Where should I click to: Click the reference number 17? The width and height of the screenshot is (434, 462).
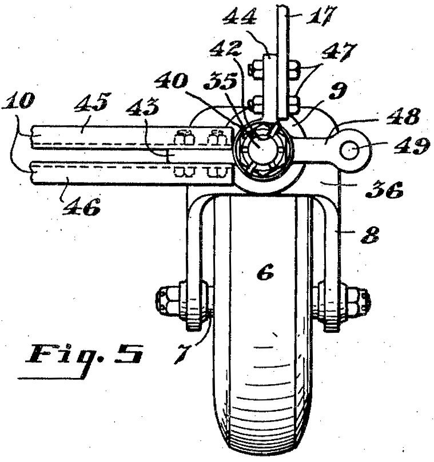coord(320,15)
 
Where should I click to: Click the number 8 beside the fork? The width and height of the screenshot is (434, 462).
coord(370,235)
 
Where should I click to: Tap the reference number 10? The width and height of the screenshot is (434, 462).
coord(18,101)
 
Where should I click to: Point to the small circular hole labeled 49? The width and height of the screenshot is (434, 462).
coord(350,150)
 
